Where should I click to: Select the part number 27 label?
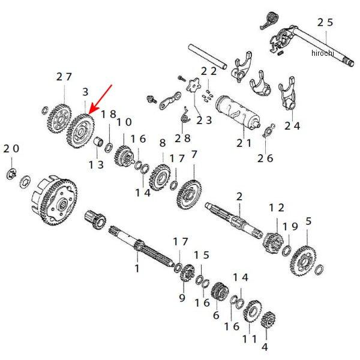[64, 77]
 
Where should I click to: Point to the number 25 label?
[325, 22]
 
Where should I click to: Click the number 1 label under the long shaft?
[137, 268]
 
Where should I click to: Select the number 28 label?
[184, 137]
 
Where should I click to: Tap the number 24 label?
[292, 126]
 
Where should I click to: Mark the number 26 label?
[265, 158]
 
